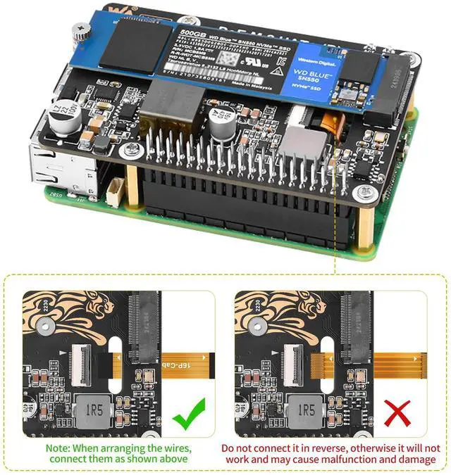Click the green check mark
189,415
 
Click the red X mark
397,414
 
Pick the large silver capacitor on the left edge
62,117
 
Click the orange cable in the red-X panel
395,363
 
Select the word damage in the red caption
416,460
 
